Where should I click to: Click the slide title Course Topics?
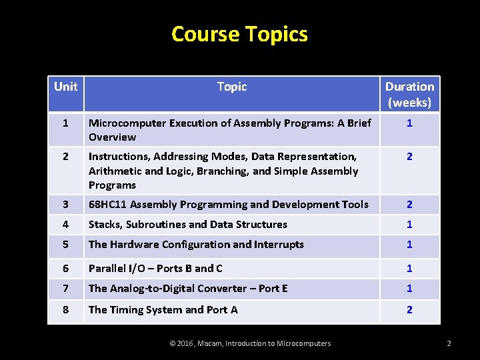239,33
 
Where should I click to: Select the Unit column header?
65,87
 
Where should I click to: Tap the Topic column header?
232,87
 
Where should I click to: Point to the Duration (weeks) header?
409,94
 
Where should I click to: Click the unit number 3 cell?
65,205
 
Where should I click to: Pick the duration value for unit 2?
409,157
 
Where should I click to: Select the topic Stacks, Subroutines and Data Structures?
188,225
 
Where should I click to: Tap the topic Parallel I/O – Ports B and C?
155,268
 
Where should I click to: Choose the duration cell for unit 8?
409,310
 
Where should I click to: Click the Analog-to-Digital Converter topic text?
188,289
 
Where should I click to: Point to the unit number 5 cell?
65,245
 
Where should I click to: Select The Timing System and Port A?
163,310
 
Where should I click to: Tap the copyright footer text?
250,343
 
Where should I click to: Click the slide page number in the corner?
449,343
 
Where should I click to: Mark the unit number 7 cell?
65,289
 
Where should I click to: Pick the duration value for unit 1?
409,123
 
